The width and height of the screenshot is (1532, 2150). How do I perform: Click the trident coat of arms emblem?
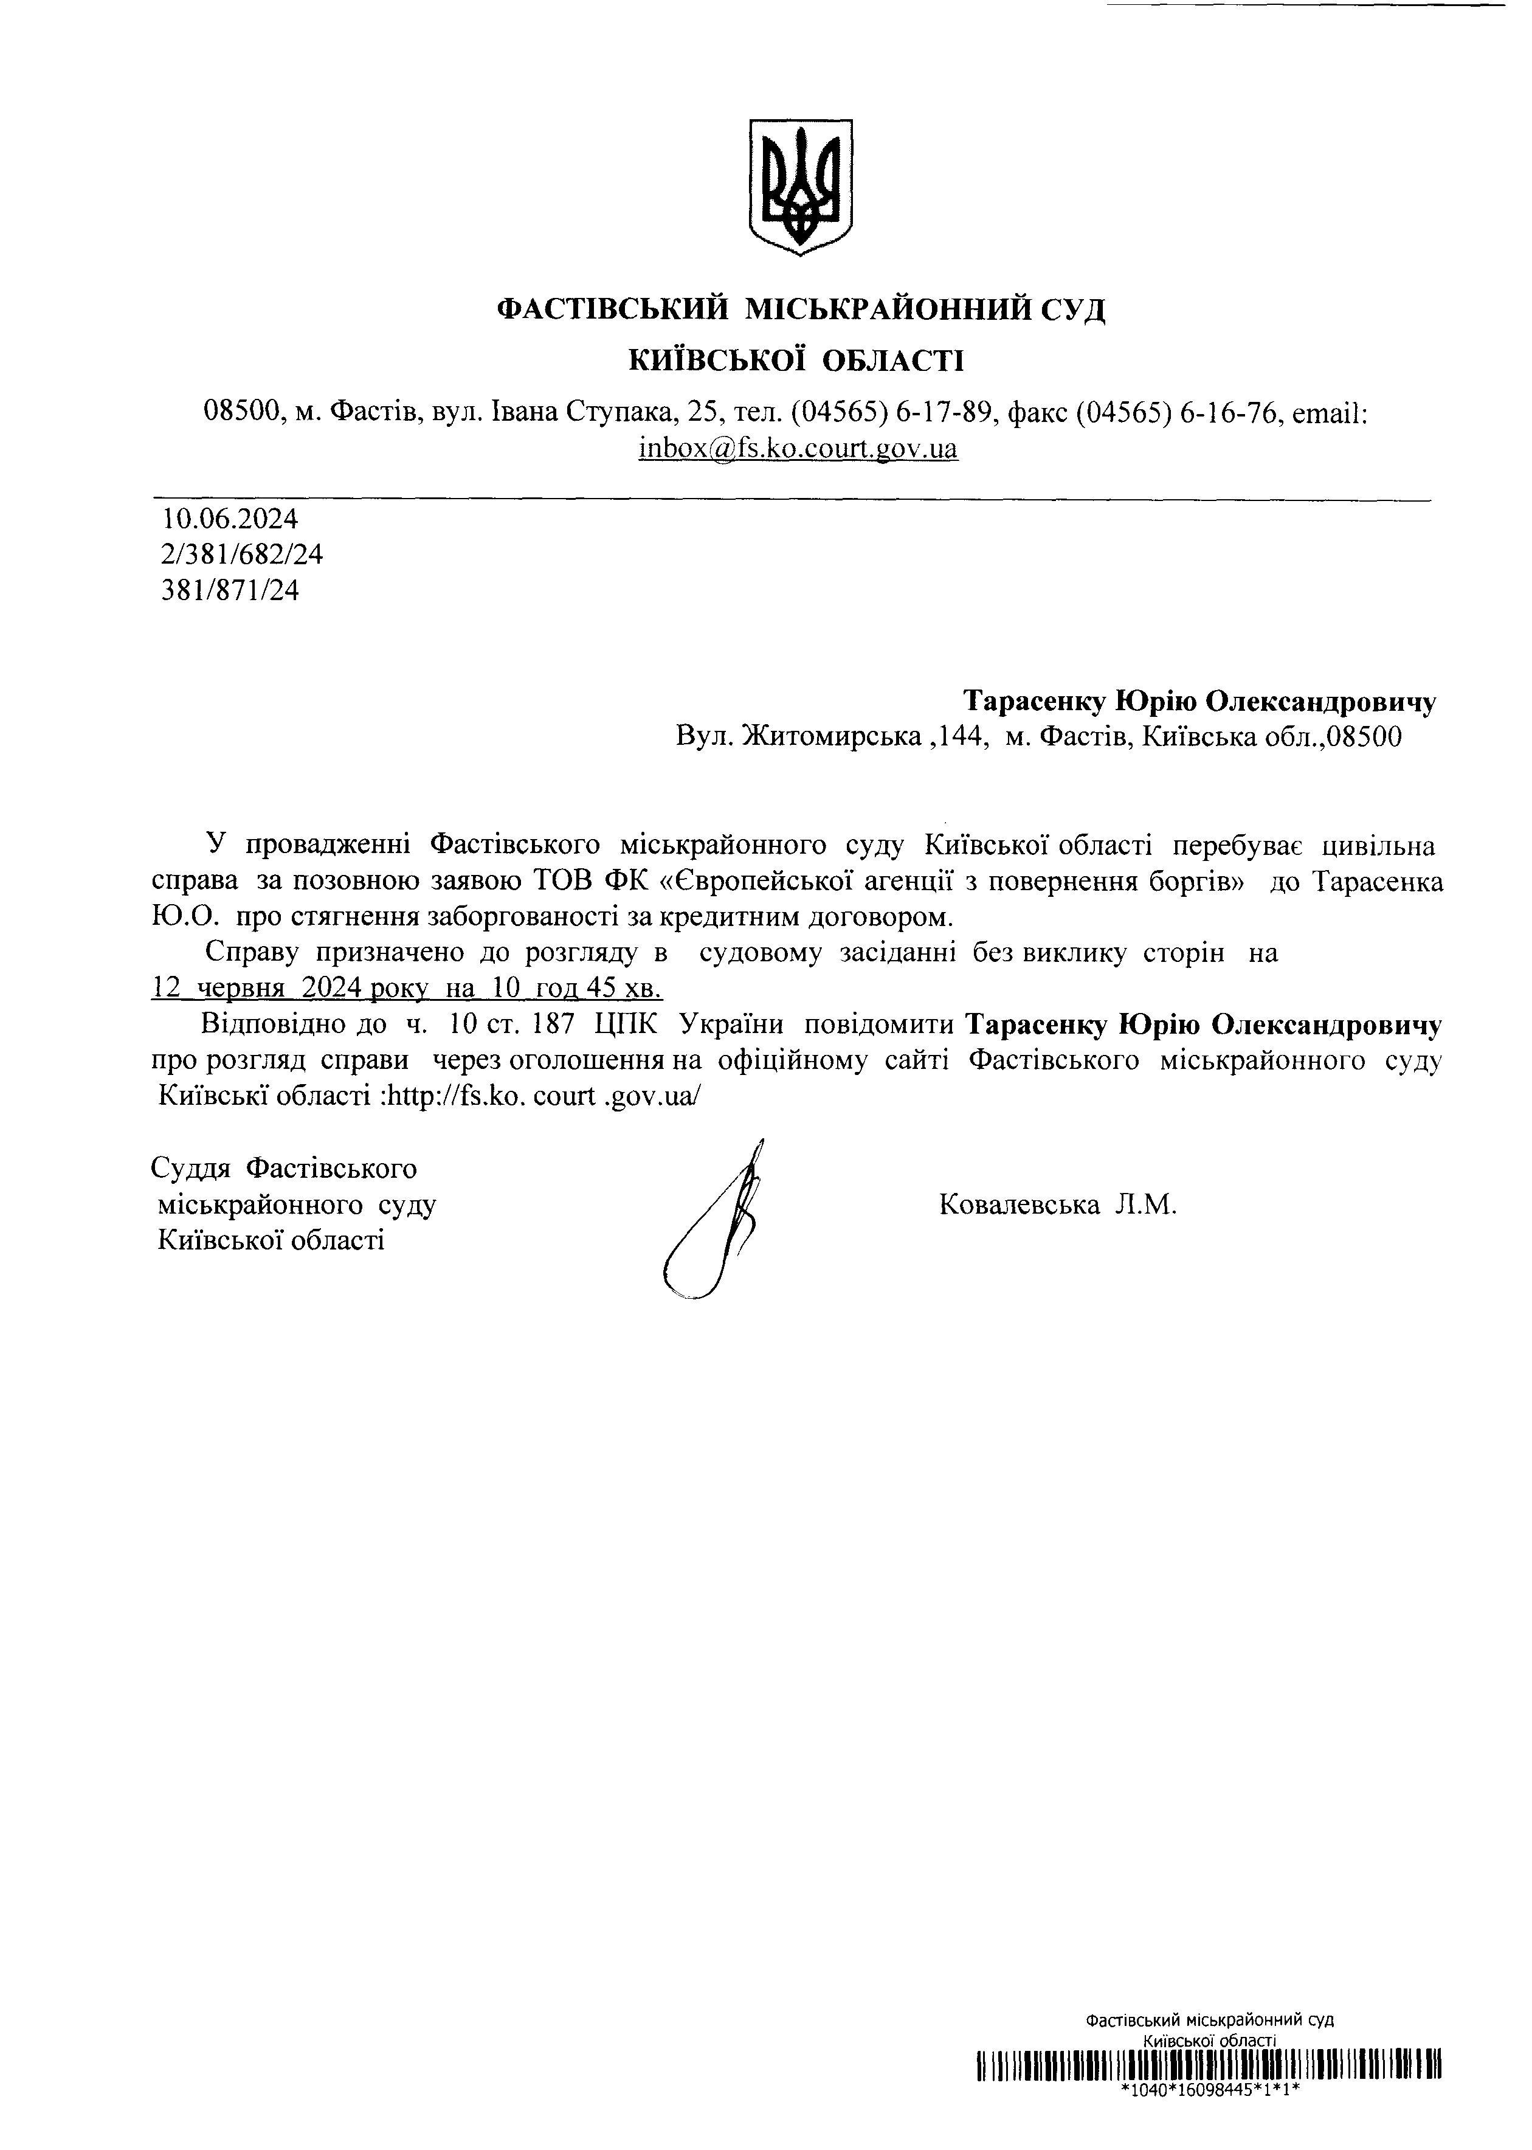pos(800,186)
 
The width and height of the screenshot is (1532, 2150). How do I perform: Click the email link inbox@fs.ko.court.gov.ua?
pos(798,448)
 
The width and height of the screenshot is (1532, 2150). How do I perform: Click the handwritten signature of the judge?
pos(717,1221)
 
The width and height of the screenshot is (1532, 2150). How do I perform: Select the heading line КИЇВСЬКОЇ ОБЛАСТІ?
pos(798,359)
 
